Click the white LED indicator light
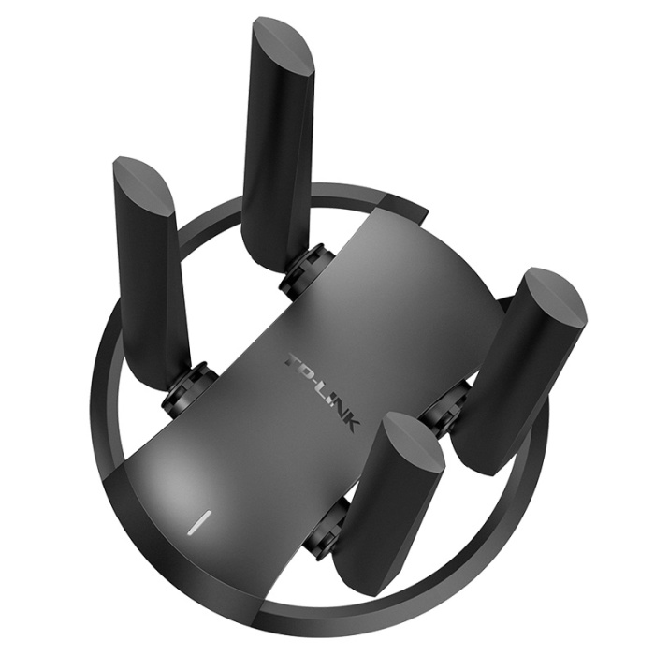pyautogui.click(x=199, y=522)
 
